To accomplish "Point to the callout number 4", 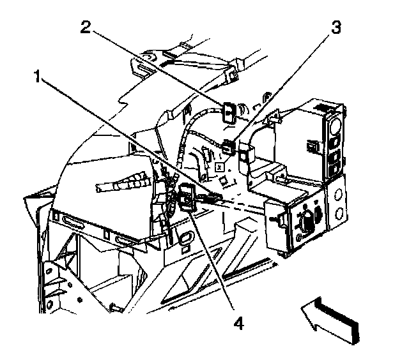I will click(x=238, y=324).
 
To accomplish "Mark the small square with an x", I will click(x=219, y=165).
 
